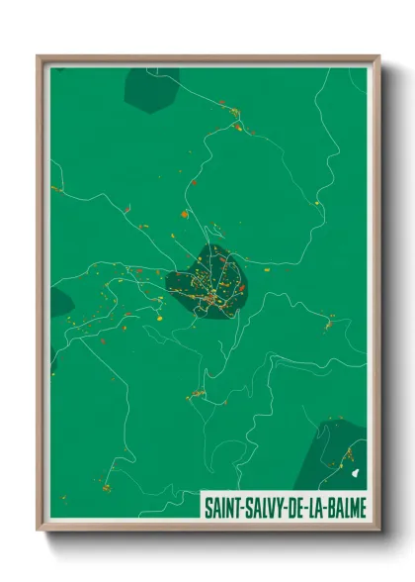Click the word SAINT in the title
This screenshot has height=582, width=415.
[x=222, y=507]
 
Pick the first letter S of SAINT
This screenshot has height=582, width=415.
[x=207, y=507]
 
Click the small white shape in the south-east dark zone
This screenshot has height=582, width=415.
[x=354, y=474]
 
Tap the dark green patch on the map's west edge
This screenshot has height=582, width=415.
[x=58, y=301]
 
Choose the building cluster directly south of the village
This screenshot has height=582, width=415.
[x=197, y=394]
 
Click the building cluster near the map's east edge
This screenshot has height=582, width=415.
[x=327, y=322]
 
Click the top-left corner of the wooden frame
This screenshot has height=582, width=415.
[x=39, y=56]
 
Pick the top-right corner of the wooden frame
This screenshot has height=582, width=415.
[x=378, y=56]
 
